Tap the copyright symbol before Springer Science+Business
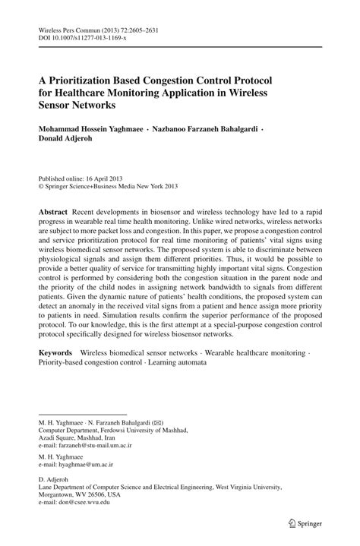coord(42,183)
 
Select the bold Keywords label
coord(55,353)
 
